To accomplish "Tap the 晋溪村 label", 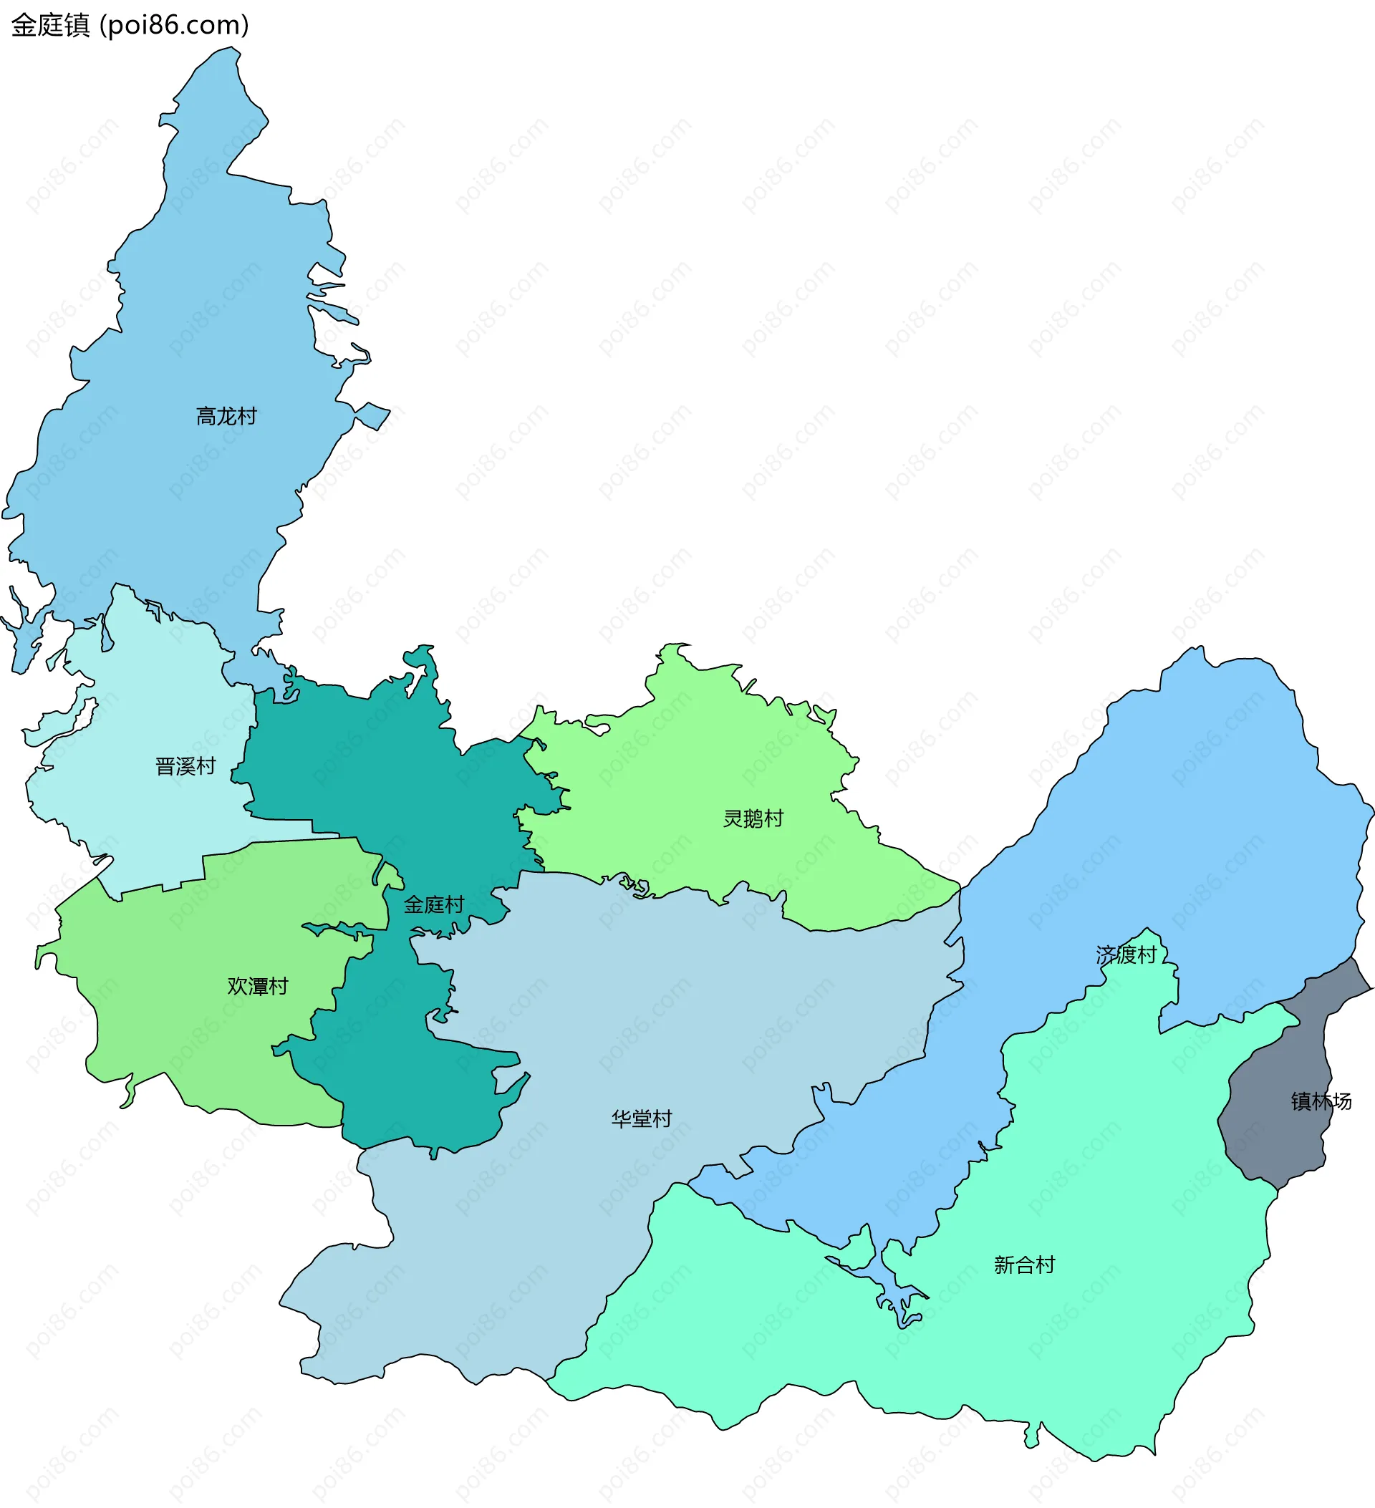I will (x=185, y=766).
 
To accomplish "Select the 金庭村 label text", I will (x=434, y=905).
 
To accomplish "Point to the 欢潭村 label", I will (x=257, y=986).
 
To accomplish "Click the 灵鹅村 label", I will (x=753, y=818).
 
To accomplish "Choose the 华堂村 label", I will (x=641, y=1119).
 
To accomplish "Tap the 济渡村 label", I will (x=1126, y=954).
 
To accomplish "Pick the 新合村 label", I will (x=1024, y=1265).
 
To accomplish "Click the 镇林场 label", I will (x=1321, y=1101).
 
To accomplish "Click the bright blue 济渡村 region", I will (x=1197, y=823).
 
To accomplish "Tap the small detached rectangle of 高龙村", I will (x=372, y=416).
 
